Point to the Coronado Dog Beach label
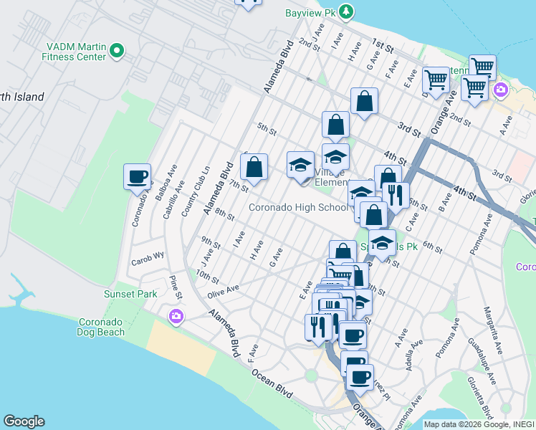pyautogui.click(x=101, y=327)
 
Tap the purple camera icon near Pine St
pyautogui.click(x=176, y=316)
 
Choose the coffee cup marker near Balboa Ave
pyautogui.click(x=137, y=176)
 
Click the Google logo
pyautogui.click(x=24, y=421)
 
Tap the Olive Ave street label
pyautogui.click(x=223, y=290)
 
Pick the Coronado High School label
pyautogui.click(x=297, y=208)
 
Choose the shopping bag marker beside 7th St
pyautogui.click(x=254, y=168)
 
